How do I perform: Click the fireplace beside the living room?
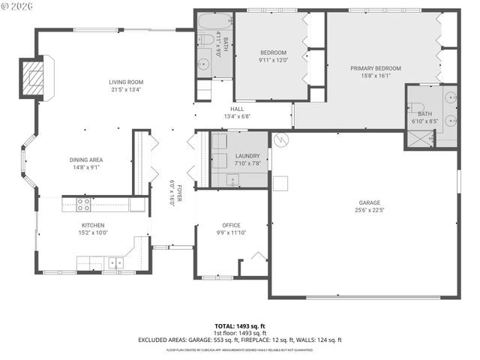point(34,77)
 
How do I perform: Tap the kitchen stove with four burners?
point(83,204)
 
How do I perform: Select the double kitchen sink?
point(115,262)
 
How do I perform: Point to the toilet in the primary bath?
point(418,108)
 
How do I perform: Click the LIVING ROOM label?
point(126,82)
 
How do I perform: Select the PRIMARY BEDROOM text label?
point(376,68)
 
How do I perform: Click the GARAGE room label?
point(369,202)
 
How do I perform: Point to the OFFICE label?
point(230,225)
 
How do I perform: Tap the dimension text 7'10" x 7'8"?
point(247,163)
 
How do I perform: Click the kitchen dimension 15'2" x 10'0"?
point(93,232)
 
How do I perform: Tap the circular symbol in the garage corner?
point(280,139)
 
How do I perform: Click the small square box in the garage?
point(280,183)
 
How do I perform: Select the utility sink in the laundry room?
point(232,179)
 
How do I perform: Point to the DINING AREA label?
point(86,160)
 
